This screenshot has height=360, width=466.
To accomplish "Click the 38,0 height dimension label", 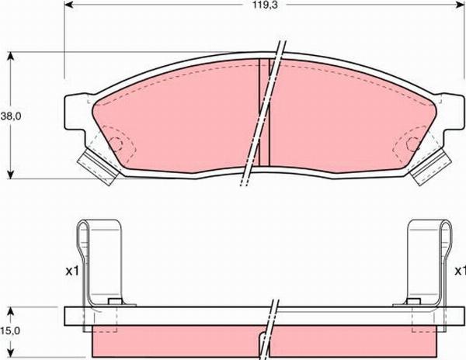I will coord(9,116).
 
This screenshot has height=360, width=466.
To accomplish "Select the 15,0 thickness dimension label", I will coord(9,330).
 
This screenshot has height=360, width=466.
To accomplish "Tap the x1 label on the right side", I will coord(460,272).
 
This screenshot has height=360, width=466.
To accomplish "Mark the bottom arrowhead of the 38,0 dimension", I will coord(11,174).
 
